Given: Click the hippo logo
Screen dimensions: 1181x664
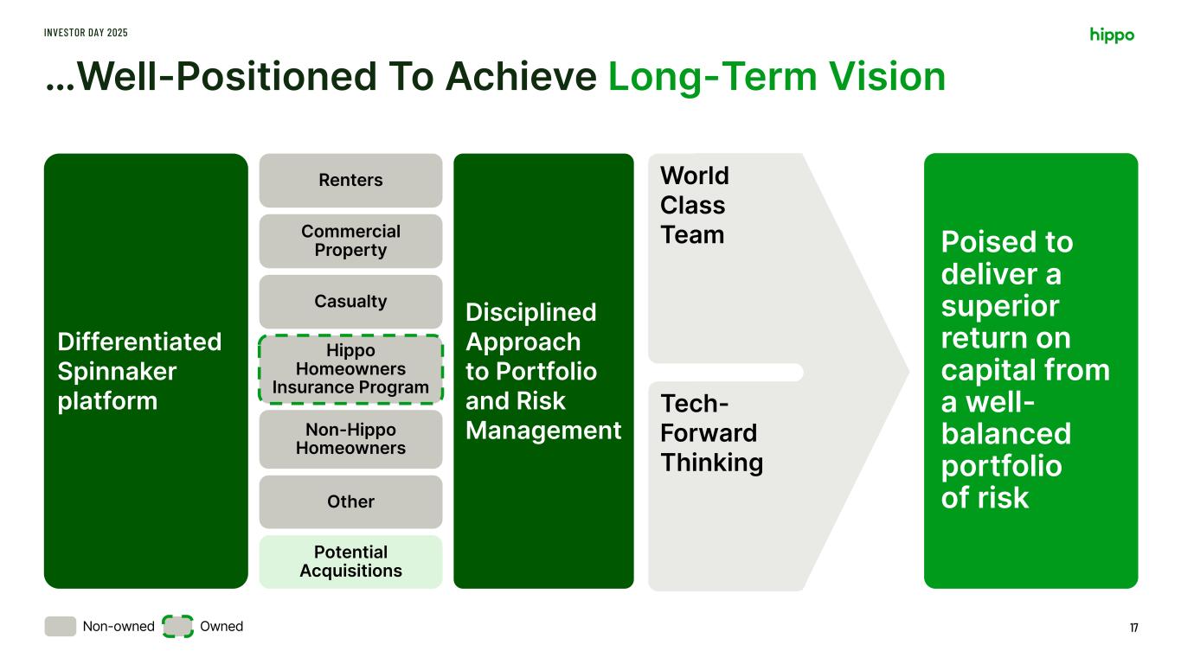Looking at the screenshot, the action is click(1112, 35).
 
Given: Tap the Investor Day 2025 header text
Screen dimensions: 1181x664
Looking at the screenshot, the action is click(86, 33).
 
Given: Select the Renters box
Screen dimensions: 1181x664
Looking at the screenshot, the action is click(350, 180).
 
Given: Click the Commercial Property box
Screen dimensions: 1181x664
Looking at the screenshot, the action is click(350, 241).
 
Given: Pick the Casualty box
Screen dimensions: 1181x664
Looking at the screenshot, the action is click(350, 302).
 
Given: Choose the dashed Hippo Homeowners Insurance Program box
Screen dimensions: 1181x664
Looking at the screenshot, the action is click(350, 369).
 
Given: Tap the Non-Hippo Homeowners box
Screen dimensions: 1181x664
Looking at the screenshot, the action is click(350, 439).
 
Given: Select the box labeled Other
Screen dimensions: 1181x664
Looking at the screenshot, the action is click(350, 501).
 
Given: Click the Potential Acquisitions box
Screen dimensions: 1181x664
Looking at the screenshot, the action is click(350, 562).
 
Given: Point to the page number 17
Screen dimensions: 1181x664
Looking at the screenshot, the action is click(1133, 628).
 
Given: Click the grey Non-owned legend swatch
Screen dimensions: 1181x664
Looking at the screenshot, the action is click(60, 627).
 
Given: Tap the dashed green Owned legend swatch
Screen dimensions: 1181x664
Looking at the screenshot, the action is click(177, 627).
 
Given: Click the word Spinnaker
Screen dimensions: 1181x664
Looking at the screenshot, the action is click(117, 372).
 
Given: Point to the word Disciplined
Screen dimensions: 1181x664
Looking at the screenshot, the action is click(531, 312).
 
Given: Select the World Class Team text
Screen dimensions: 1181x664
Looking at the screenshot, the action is click(695, 205).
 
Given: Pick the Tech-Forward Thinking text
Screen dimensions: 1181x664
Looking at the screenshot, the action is click(712, 433).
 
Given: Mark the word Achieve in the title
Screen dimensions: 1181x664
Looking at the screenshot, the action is click(521, 77).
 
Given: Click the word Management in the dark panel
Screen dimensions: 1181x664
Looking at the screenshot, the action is click(543, 431).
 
